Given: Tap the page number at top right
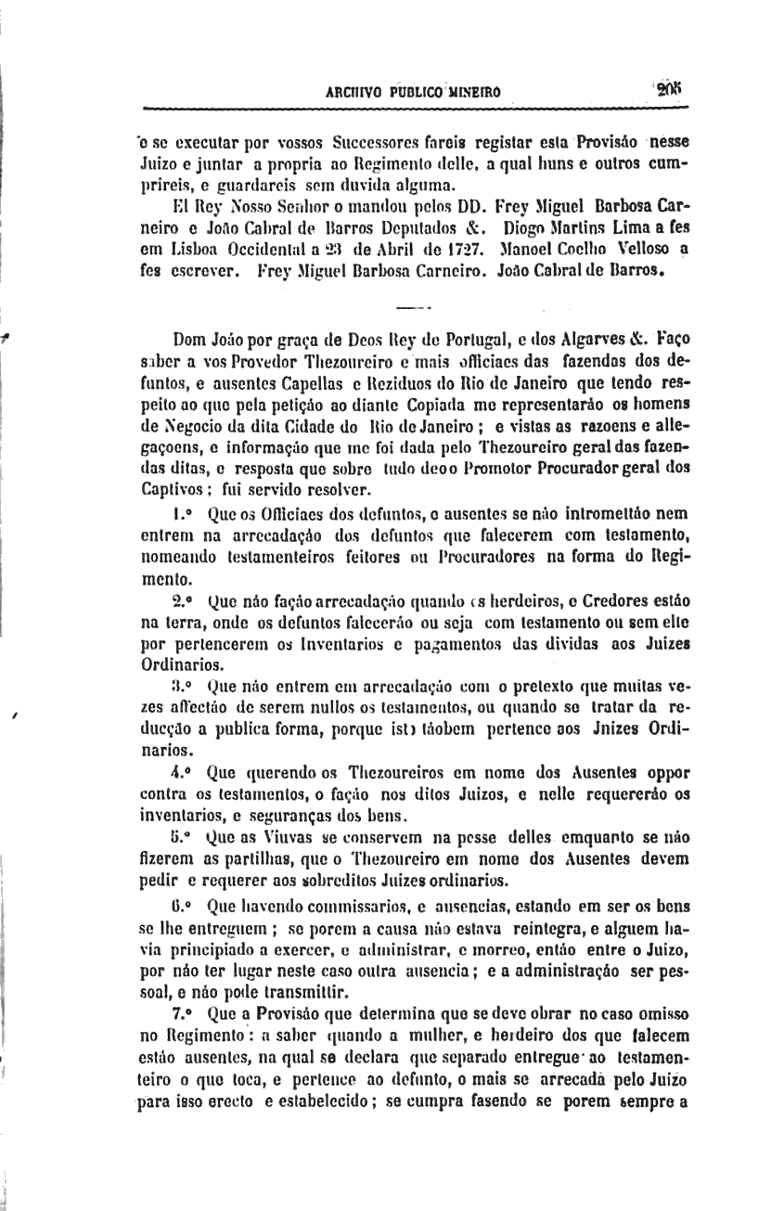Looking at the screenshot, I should pyautogui.click(x=667, y=89).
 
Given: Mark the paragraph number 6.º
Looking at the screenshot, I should pyautogui.click(x=182, y=900).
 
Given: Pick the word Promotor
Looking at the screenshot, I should pyautogui.click(x=533, y=470).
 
